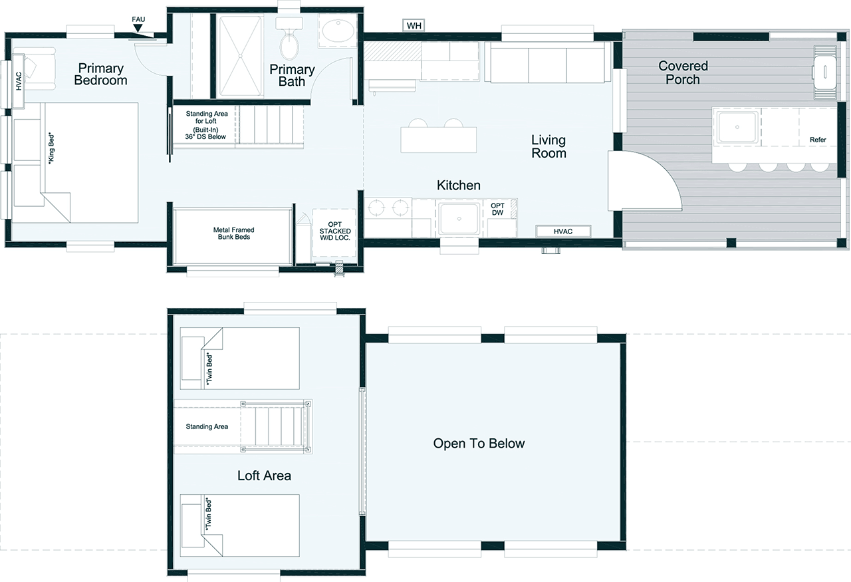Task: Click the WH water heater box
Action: point(414,25)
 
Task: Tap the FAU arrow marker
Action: point(138,28)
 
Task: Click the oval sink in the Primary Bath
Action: point(338,31)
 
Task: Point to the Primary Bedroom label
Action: point(100,74)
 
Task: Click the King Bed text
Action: point(51,148)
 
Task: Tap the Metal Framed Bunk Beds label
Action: point(233,233)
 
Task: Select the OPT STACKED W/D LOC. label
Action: point(334,231)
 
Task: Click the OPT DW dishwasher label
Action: point(497,209)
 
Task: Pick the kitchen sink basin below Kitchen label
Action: point(459,219)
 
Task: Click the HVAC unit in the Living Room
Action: point(563,231)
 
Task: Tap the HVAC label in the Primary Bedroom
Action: point(19,81)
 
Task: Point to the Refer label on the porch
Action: point(818,140)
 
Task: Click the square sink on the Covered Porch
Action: point(737,127)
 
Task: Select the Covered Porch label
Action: point(683,73)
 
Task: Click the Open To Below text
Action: point(479,443)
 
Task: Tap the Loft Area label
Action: point(264,476)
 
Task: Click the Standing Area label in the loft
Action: point(207,426)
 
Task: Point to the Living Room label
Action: point(548,146)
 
